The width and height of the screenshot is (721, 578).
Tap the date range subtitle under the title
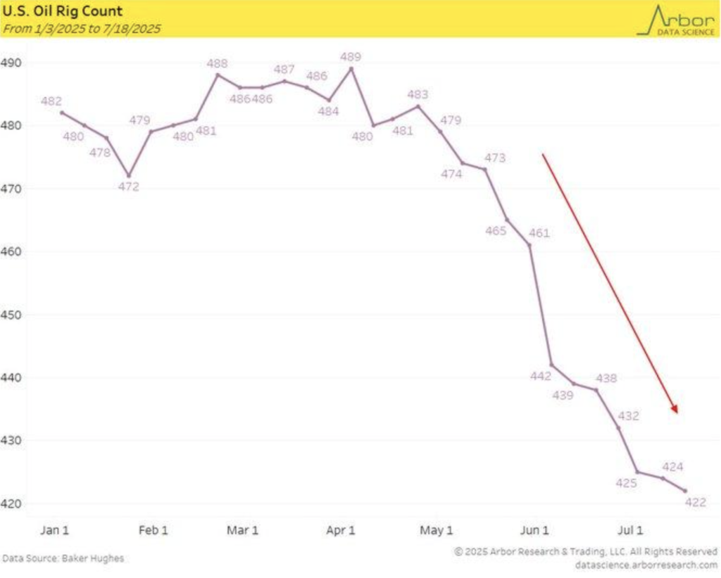tap(83, 29)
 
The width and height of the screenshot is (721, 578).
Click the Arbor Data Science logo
tap(675, 20)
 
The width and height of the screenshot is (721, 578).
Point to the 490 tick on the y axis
tap(13, 63)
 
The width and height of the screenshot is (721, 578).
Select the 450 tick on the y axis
tap(13, 315)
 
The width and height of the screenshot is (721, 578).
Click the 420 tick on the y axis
tap(13, 504)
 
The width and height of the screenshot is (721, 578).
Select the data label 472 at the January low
tap(129, 187)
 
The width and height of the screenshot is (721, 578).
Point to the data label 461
tap(538, 233)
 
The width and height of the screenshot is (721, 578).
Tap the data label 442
tap(541, 377)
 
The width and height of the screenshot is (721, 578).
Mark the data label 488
tap(217, 63)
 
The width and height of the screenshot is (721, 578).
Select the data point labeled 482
tap(62, 112)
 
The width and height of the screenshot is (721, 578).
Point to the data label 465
tap(496, 231)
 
